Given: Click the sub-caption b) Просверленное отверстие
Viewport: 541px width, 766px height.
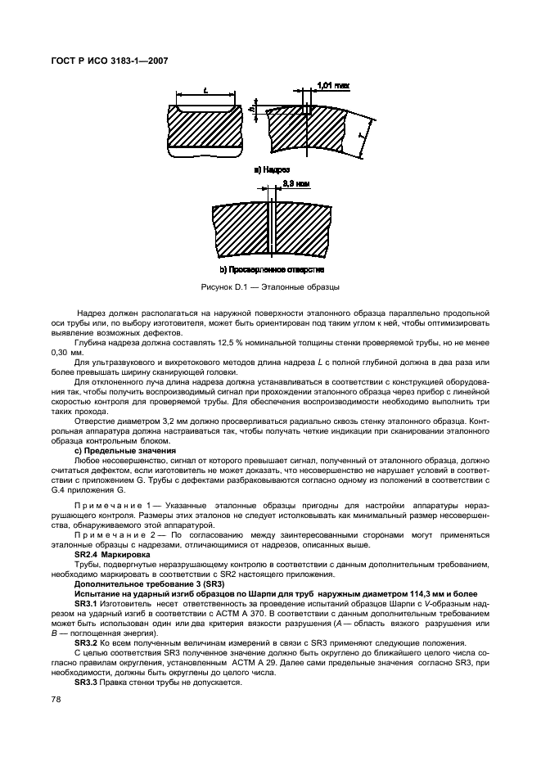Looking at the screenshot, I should [x=271, y=269].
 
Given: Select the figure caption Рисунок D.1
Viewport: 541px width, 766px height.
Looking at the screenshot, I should [x=271, y=287].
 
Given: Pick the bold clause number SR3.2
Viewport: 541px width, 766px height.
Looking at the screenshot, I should [x=86, y=643].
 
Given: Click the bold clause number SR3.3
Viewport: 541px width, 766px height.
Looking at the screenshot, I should [x=86, y=682].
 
